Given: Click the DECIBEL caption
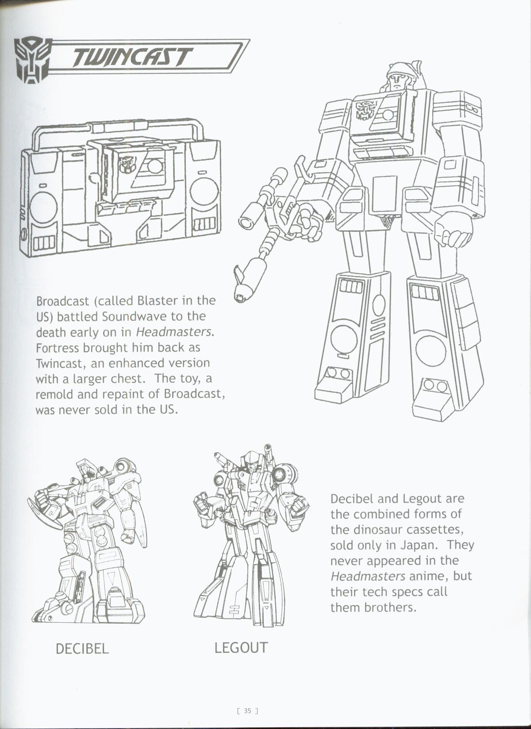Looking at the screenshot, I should point(82,649).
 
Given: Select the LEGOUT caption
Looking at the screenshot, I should point(241,648).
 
